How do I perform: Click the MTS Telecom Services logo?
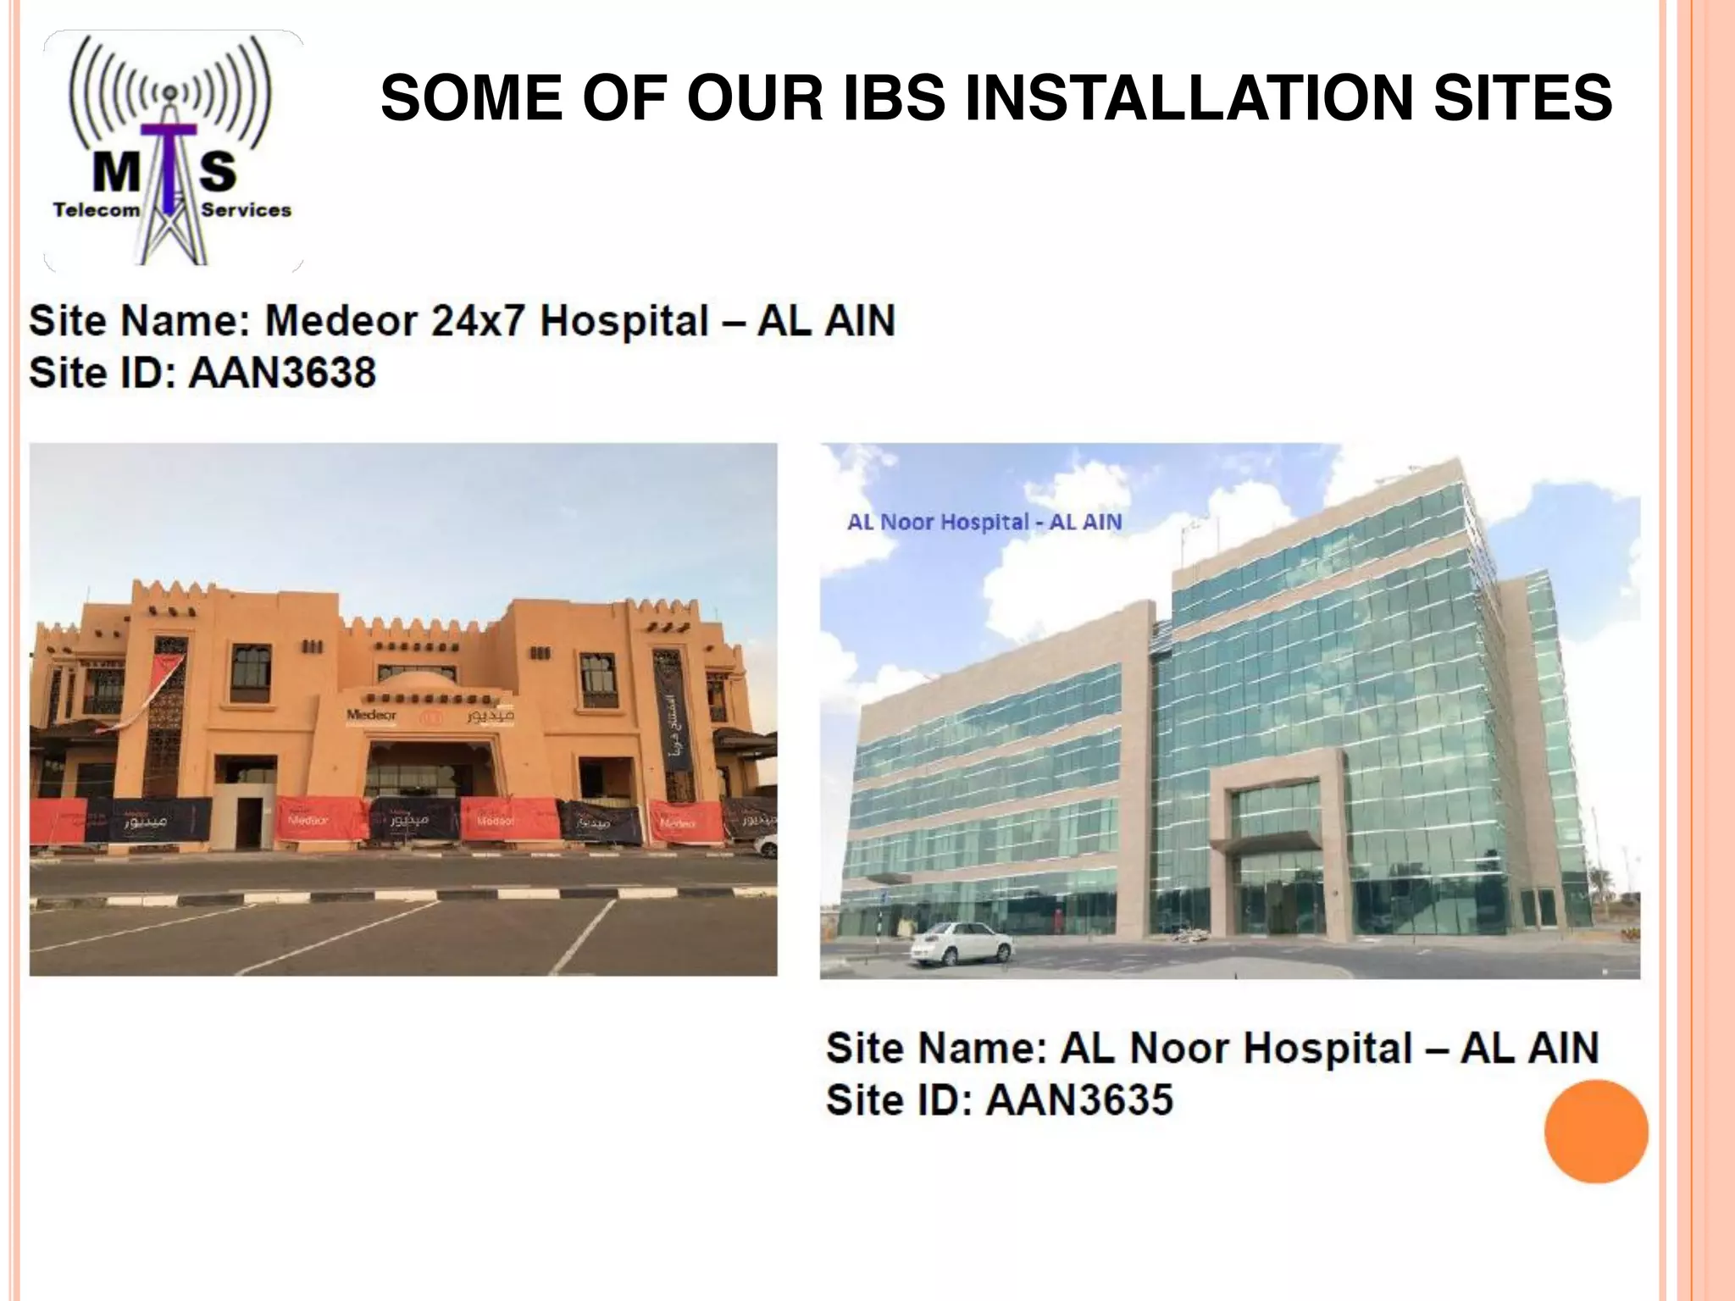pyautogui.click(x=173, y=151)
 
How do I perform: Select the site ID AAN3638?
pyautogui.click(x=282, y=373)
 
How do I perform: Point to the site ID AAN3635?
pyautogui.click(x=1080, y=1100)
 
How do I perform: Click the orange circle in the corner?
pyautogui.click(x=1596, y=1132)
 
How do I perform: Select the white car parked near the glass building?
pyautogui.click(x=962, y=942)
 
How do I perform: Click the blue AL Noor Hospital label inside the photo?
pyautogui.click(x=984, y=522)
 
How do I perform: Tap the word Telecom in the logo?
pyautogui.click(x=97, y=210)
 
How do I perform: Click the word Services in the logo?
pyautogui.click(x=246, y=210)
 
